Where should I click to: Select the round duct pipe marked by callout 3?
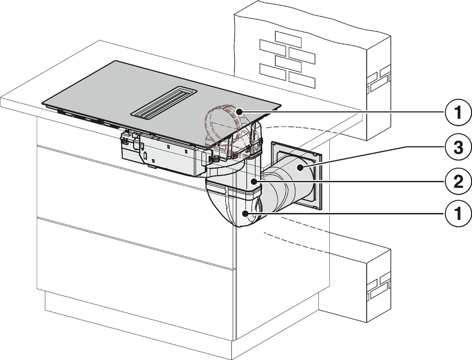click(286, 181)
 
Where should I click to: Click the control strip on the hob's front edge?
click(79, 116)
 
